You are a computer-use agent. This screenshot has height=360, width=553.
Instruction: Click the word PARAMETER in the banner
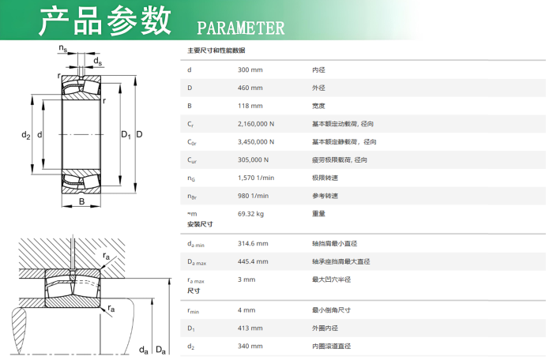point(240,28)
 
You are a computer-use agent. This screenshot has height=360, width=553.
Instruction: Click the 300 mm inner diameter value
point(250,69)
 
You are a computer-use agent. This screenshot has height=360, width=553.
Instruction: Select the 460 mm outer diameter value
point(250,88)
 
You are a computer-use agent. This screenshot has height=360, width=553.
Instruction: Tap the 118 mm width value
point(250,106)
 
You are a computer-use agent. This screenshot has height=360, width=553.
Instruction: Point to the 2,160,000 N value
point(256,124)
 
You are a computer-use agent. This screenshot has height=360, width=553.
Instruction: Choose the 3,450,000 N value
point(256,142)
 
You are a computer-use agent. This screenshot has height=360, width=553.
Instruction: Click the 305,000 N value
point(253,159)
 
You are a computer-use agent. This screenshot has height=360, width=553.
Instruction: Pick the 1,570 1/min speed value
point(256,178)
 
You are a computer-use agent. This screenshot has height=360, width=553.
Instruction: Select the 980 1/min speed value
point(253,196)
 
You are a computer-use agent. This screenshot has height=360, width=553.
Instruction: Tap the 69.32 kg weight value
point(250,214)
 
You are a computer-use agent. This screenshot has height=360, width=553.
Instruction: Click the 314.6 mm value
point(253,243)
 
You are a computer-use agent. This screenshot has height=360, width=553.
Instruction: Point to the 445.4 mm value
point(253,261)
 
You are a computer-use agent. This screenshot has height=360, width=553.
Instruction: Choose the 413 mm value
point(250,328)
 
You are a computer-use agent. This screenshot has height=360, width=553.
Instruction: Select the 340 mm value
point(250,346)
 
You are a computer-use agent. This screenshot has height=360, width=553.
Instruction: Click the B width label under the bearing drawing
point(82,201)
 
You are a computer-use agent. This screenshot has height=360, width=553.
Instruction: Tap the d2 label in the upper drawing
point(26,135)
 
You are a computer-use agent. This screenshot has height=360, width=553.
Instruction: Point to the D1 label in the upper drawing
point(126,135)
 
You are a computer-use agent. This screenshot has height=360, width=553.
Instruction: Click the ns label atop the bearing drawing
point(62,48)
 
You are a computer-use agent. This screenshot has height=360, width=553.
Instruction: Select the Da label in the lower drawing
point(160,350)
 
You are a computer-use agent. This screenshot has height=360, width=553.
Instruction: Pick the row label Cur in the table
point(192,160)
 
